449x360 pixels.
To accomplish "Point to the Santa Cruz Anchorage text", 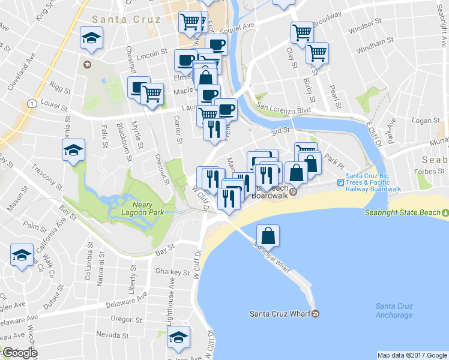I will coord(394,310).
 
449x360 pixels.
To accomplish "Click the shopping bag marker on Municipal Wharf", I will coord(268,235).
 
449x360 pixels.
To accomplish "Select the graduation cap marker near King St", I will coord(91,39).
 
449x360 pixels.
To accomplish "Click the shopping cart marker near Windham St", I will coord(316,53).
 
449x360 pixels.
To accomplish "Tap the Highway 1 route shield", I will coord(30,103).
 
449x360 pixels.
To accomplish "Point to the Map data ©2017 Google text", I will coord(412,355).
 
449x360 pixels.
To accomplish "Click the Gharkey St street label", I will coord(172,272).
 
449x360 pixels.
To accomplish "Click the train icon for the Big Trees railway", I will coord(340,183).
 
